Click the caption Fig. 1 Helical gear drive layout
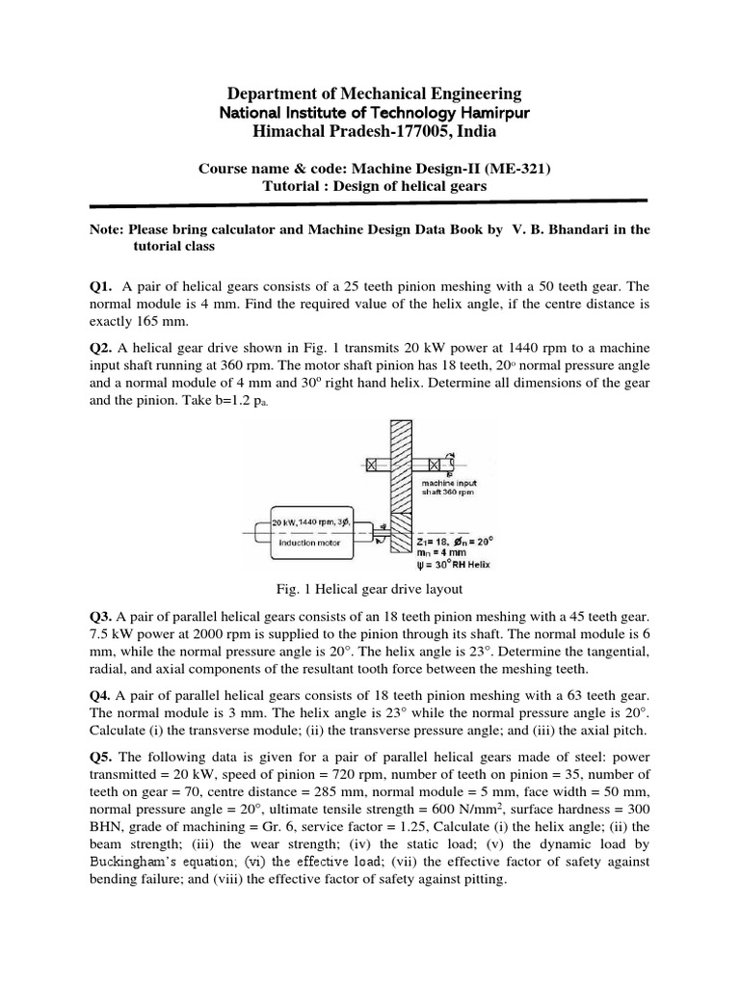pyautogui.click(x=369, y=587)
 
